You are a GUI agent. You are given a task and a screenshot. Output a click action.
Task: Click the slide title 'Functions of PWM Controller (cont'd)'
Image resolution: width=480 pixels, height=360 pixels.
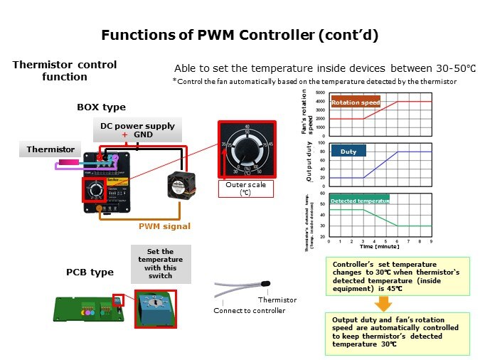click(240, 34)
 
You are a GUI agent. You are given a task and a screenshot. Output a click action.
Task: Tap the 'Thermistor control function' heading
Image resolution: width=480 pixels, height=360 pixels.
click(64, 70)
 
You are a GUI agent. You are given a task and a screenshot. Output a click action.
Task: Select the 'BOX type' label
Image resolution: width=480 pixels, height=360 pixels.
click(101, 107)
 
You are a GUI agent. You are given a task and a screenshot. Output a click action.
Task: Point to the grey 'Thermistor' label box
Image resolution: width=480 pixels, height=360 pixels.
click(50, 149)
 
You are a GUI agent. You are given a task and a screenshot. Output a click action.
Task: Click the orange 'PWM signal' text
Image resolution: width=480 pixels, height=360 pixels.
click(164, 226)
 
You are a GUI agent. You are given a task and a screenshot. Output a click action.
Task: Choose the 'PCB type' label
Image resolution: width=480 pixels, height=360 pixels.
click(90, 272)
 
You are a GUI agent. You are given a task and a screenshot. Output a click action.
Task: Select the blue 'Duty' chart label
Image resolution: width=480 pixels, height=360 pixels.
click(349, 151)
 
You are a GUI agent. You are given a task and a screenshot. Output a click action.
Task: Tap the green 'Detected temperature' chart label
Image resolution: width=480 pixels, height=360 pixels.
click(360, 201)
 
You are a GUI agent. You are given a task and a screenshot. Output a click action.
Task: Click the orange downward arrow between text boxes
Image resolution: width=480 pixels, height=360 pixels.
click(382, 304)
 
